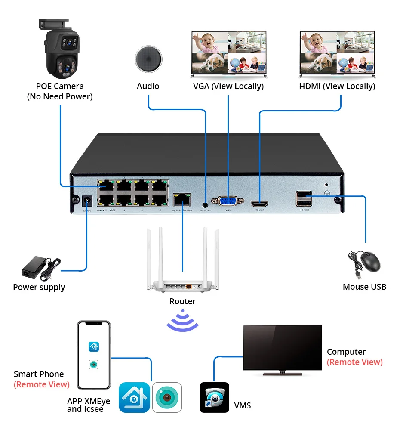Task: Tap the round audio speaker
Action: click(x=148, y=59)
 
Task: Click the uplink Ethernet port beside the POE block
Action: click(x=182, y=199)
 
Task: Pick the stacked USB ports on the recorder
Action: click(x=304, y=198)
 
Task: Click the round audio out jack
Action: click(x=206, y=200)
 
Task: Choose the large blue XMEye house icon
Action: click(x=134, y=397)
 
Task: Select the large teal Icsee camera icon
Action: click(x=167, y=397)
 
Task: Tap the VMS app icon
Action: click(x=214, y=397)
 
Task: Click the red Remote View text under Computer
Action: click(x=354, y=362)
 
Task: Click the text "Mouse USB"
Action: click(x=364, y=287)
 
